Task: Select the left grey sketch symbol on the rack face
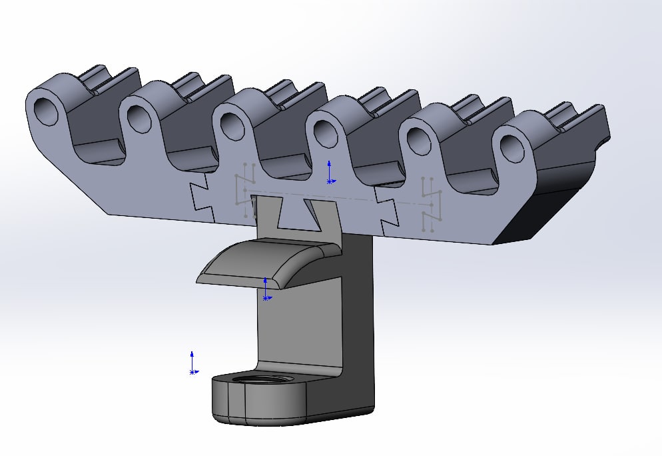click(x=245, y=190)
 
